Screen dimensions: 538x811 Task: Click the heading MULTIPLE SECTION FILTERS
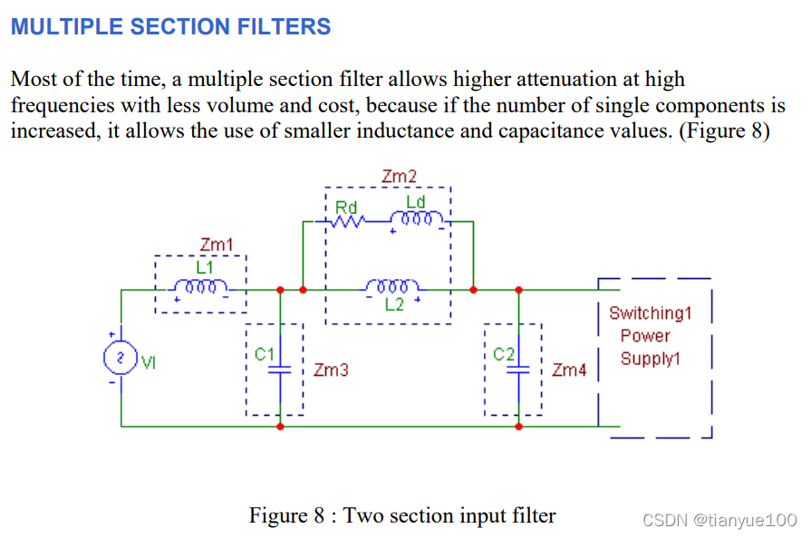[x=170, y=26]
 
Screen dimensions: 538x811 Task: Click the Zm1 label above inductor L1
[x=217, y=245]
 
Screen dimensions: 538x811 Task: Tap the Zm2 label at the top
[x=399, y=177]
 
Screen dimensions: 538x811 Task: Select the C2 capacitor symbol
[x=518, y=370]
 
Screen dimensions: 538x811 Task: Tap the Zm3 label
[x=331, y=370]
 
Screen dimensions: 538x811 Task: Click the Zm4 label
[x=569, y=370]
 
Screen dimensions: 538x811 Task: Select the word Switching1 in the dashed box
[x=650, y=313]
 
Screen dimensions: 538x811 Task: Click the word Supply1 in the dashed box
[x=650, y=359]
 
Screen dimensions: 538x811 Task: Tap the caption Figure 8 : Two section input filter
[x=402, y=515]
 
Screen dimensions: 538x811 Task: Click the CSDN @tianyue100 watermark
[x=719, y=520]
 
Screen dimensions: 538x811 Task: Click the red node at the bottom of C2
[x=518, y=426]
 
